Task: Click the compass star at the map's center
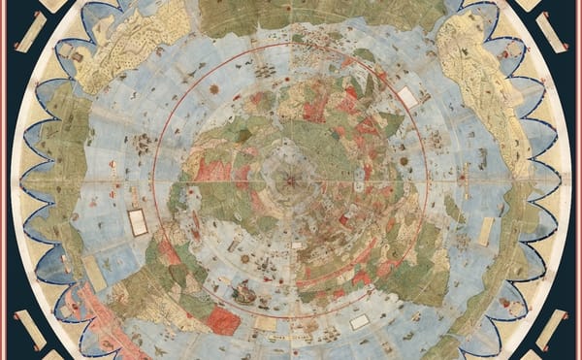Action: [x=291, y=180]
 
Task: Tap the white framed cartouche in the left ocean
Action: [x=138, y=222]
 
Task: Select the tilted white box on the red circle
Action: [x=407, y=98]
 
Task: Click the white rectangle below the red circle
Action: [x=360, y=321]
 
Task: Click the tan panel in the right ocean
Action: [x=486, y=230]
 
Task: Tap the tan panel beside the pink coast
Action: [x=93, y=273]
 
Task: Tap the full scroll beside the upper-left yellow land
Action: [x=30, y=32]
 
